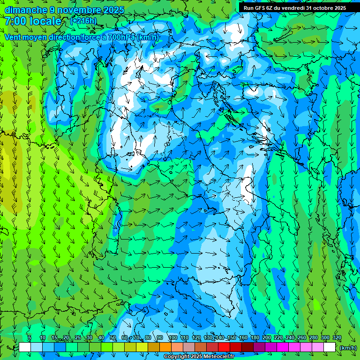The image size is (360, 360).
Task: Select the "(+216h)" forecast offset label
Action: point(83,21)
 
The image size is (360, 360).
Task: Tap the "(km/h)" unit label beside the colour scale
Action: point(348,347)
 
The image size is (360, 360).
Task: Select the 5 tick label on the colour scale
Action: point(30,338)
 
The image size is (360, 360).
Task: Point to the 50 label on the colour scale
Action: point(112,338)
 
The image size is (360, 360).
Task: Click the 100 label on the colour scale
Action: point(172,338)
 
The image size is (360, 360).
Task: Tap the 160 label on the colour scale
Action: point(243,338)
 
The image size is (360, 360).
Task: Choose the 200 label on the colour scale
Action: point(266,338)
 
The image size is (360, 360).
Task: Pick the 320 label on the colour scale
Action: point(337,338)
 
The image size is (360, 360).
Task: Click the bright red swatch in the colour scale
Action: point(224,347)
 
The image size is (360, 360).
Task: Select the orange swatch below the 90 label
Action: point(165,347)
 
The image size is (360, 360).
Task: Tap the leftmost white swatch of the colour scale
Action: point(25,347)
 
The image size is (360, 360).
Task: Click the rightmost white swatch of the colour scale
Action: point(330,347)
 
